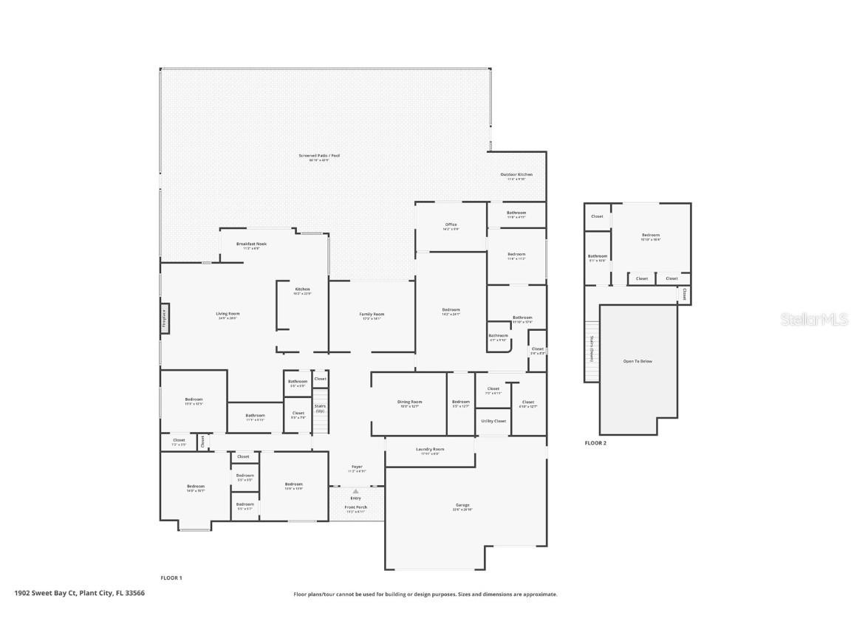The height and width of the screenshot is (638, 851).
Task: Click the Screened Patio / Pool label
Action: pyautogui.click(x=319, y=156)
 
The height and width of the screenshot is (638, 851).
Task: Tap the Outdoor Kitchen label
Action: pyautogui.click(x=516, y=175)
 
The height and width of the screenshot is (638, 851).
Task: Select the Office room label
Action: pyautogui.click(x=451, y=225)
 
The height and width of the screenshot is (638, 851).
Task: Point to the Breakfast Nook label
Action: pyautogui.click(x=251, y=244)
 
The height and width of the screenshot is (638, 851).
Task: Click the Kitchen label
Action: pyautogui.click(x=302, y=289)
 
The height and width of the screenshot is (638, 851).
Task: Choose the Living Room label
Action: pyautogui.click(x=228, y=315)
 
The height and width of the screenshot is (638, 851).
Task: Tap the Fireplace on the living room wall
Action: pyautogui.click(x=165, y=319)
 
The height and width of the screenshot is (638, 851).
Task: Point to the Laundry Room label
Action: pyautogui.click(x=430, y=450)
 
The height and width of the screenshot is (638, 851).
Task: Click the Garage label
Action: pyautogui.click(x=462, y=506)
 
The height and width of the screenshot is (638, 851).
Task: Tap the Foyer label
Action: pyautogui.click(x=357, y=467)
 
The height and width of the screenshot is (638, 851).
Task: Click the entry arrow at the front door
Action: pyautogui.click(x=355, y=491)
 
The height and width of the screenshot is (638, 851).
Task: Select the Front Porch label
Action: pyautogui.click(x=356, y=508)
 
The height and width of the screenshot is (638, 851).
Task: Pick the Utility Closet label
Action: pyautogui.click(x=493, y=421)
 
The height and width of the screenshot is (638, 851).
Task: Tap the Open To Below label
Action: pyautogui.click(x=638, y=361)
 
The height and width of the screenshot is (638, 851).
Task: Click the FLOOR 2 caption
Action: pyautogui.click(x=595, y=443)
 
